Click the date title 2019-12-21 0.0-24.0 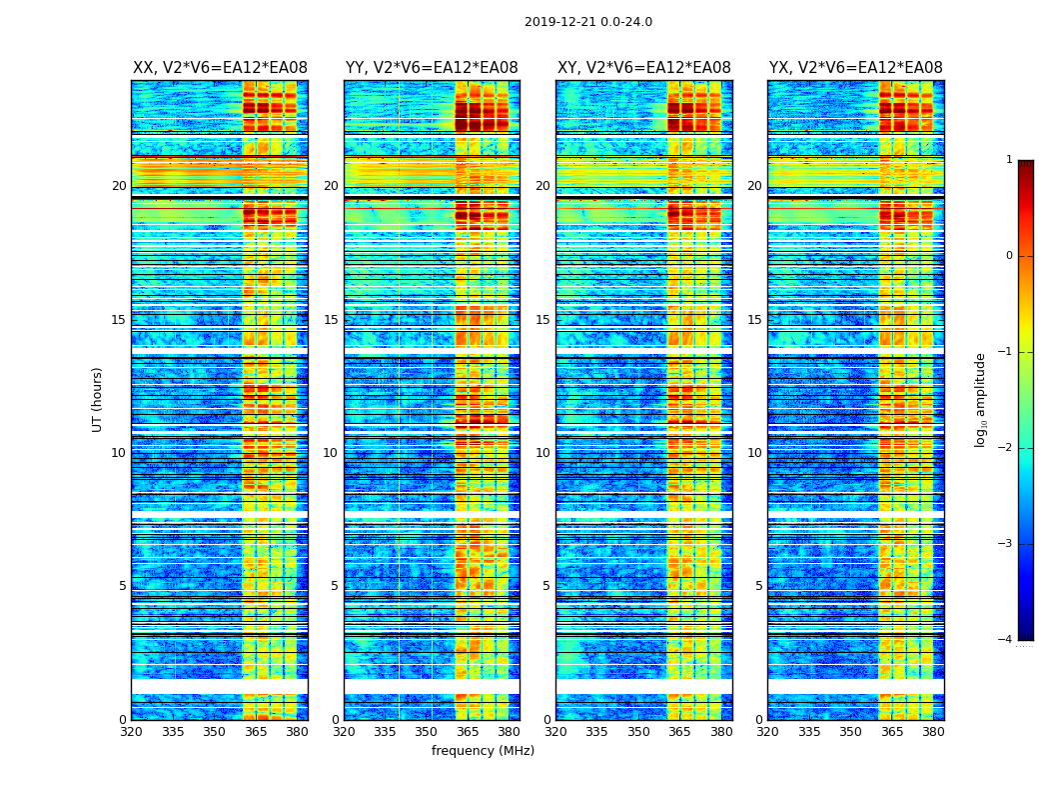587,22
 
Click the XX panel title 220,68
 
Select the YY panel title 432,68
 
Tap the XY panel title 643,68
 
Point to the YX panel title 855,68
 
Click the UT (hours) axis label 98,399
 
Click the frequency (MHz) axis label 483,751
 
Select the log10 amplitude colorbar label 981,399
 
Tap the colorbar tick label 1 1009,160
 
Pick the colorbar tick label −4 1006,640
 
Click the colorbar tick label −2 1006,448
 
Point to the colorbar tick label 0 1009,256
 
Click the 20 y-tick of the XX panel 119,186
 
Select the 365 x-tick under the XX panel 256,732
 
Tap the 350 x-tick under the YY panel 427,732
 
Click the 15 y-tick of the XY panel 542,320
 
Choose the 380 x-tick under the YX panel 933,732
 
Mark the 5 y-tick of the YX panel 758,586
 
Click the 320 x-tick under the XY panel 555,732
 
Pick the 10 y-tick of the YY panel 331,453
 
